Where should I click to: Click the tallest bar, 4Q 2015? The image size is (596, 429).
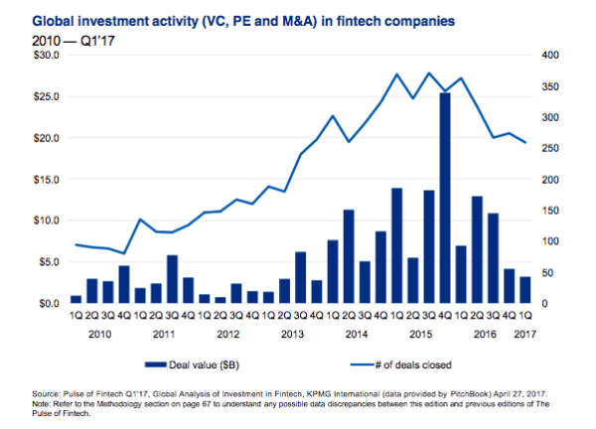coord(445,198)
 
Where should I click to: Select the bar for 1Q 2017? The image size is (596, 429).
coord(525,290)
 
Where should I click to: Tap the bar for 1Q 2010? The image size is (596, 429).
coord(75,299)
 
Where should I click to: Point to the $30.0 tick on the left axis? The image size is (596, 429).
coord(46,55)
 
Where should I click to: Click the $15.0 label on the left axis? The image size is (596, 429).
coord(46,179)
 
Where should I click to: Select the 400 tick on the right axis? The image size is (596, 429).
coord(549,55)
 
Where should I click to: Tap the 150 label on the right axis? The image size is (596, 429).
coord(549,211)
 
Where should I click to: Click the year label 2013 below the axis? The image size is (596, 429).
coord(292,334)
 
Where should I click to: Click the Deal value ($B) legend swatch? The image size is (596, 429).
coord(165,363)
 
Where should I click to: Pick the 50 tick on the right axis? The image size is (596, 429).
coord(546,272)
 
